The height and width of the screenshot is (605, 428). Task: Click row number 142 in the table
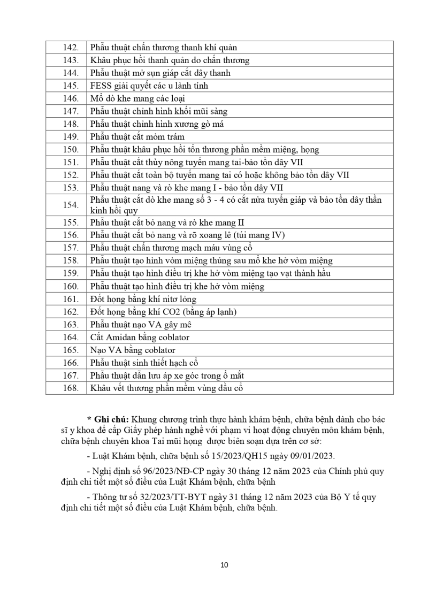pyautogui.click(x=71, y=48)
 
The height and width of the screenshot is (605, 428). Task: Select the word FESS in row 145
pyautogui.click(x=101, y=86)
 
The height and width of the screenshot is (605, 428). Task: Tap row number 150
pyautogui.click(x=71, y=150)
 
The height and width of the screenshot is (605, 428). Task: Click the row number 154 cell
pyautogui.click(x=71, y=205)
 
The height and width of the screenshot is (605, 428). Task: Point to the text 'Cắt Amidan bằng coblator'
pyautogui.click(x=140, y=337)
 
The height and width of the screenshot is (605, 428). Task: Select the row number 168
pyautogui.click(x=71, y=388)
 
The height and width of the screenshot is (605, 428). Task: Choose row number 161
pyautogui.click(x=71, y=299)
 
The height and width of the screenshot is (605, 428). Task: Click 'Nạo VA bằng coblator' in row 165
pyautogui.click(x=133, y=350)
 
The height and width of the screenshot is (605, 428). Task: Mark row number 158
pyautogui.click(x=71, y=261)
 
